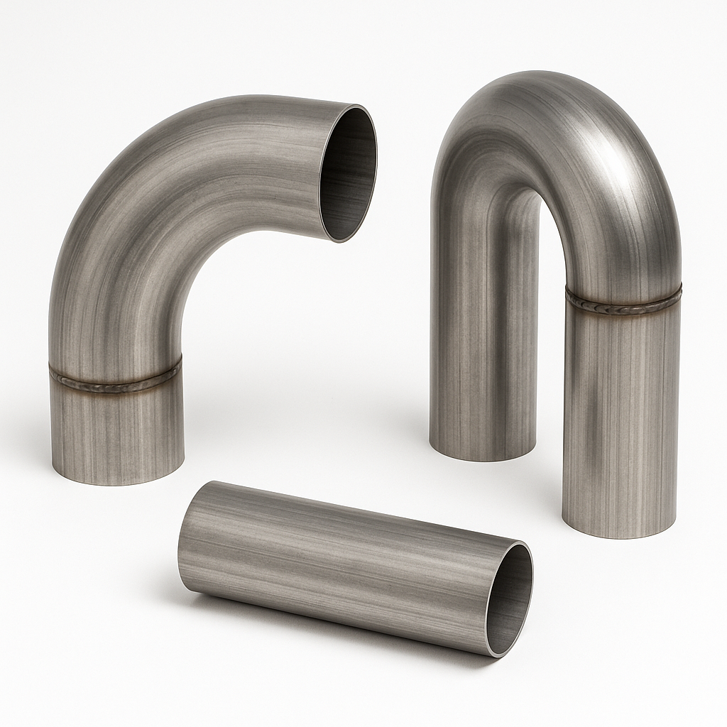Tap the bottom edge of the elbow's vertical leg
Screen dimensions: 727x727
[117, 480]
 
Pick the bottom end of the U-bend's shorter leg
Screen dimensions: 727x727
[483, 455]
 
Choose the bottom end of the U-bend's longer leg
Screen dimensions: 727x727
[618, 533]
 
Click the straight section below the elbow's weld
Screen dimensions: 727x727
[117, 433]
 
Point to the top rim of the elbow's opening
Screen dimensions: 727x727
[355, 106]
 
